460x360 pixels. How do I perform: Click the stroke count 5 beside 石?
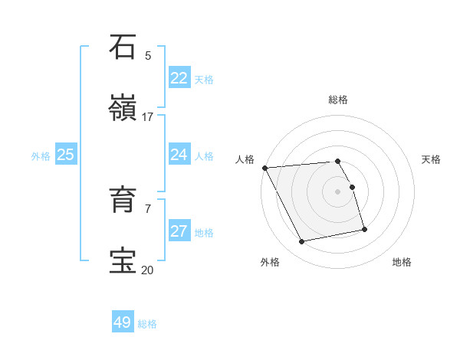coord(148,56)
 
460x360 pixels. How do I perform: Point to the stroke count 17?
coord(148,117)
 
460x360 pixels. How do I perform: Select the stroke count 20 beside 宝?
coord(148,269)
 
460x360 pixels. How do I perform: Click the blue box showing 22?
coord(179,78)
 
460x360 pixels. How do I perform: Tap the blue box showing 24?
coord(179,155)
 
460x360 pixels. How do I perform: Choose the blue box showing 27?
coord(179,231)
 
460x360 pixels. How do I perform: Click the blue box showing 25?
coord(65,155)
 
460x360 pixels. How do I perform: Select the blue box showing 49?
coord(123,322)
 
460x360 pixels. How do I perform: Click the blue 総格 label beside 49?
coord(147,324)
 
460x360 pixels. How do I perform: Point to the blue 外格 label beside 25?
coord(41,156)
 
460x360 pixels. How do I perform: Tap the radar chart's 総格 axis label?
coord(338,100)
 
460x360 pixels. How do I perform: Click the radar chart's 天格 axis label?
coord(432,159)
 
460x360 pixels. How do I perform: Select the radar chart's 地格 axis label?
coord(402,262)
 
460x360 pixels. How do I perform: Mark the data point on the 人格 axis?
coord(264,168)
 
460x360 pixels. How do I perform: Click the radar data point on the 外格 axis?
coord(302,242)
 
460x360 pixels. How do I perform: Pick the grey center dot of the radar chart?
coord(338,191)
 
